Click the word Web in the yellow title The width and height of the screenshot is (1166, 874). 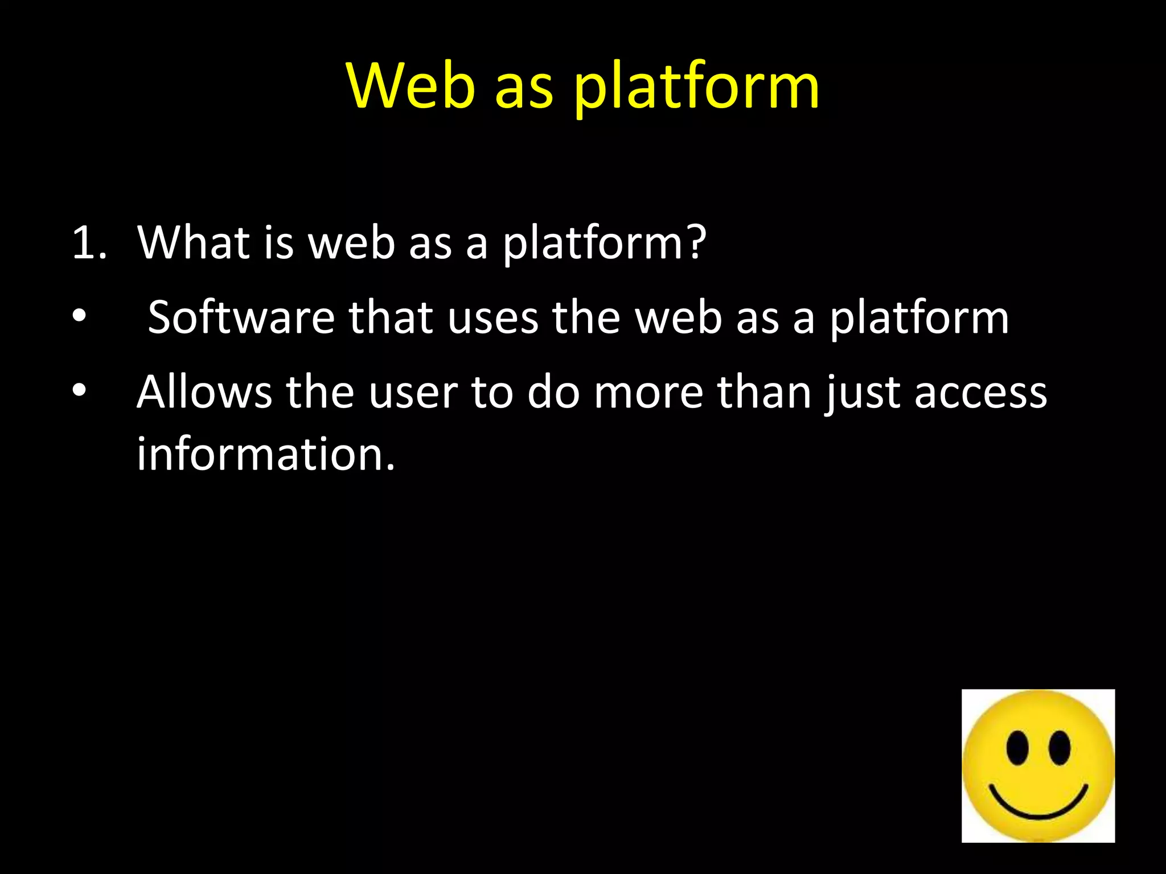tap(410, 86)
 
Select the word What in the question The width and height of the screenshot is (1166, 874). tap(194, 243)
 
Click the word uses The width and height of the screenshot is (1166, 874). tap(492, 318)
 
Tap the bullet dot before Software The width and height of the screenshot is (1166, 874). tap(79, 316)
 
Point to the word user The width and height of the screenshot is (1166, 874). tap(413, 393)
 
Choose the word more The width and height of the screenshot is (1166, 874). tap(648, 393)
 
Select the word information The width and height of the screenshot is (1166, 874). tap(265, 455)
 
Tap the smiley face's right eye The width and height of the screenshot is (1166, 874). tap(1059, 747)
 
